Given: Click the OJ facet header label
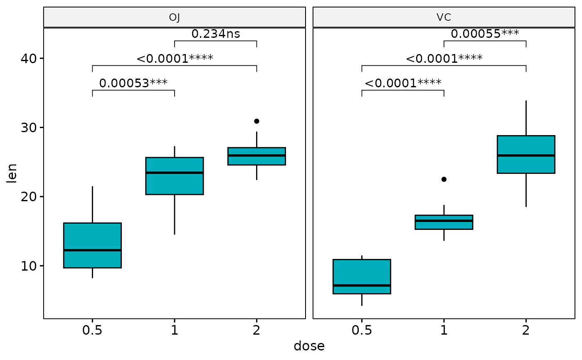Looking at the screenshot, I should click(x=175, y=17).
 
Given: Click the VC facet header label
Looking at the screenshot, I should click(x=444, y=17).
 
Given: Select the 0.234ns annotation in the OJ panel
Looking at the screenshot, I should click(x=215, y=34).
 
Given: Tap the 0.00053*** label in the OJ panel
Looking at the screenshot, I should click(x=133, y=84).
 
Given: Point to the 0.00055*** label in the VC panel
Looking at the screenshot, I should click(x=485, y=34).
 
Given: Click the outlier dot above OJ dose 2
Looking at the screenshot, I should click(x=256, y=121).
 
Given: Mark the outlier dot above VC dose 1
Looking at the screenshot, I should click(x=444, y=179).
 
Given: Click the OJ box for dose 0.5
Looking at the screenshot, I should click(x=92, y=245).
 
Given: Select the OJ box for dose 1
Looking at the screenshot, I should click(x=174, y=176).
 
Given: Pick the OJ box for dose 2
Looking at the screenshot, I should click(x=256, y=156).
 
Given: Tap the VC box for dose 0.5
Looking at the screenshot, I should click(x=362, y=276).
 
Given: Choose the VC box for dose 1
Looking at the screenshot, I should click(x=444, y=222).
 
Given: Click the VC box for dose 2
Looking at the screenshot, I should click(x=526, y=154).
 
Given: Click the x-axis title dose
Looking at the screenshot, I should click(x=309, y=346).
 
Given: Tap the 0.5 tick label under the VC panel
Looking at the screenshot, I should click(x=362, y=330).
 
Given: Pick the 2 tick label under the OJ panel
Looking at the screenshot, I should click(x=256, y=330).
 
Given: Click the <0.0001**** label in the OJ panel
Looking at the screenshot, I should click(x=175, y=59).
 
